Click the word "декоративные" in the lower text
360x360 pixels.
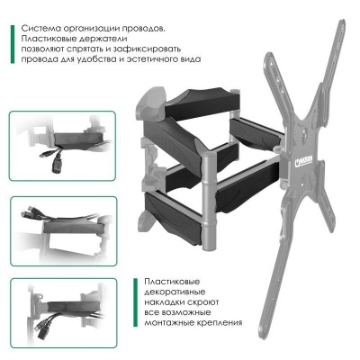[x=175, y=292]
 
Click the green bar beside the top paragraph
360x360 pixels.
[x=13, y=44]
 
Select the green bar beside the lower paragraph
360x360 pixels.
[x=136, y=302]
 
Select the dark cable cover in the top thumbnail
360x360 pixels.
[x=78, y=139]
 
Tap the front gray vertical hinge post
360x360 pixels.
[x=209, y=201]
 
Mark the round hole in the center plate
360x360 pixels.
[x=304, y=134]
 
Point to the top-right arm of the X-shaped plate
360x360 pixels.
[x=330, y=66]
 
